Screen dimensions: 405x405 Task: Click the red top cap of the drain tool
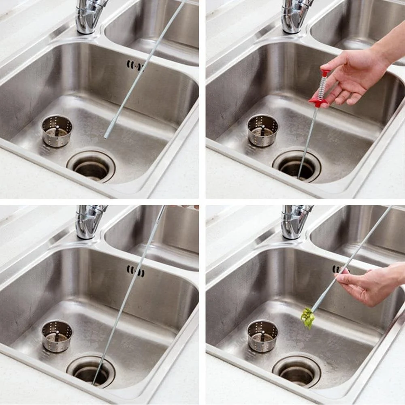[x=325, y=73]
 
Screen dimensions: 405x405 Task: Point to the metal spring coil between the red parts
[x=322, y=87]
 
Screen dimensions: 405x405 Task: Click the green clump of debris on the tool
[x=308, y=317]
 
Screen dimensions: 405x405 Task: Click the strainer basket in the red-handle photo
[x=263, y=130]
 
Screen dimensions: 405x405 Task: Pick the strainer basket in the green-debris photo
[x=263, y=335]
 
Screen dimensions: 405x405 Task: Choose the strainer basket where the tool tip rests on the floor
[x=57, y=131]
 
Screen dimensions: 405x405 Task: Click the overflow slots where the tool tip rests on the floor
[x=135, y=65]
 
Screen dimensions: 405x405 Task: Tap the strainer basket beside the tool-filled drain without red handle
[x=57, y=336]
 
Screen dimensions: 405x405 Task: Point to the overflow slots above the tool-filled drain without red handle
[x=135, y=271]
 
